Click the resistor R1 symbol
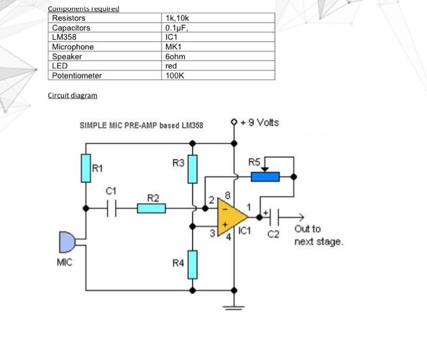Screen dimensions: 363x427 point(86,169)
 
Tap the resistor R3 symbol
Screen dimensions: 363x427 point(193,169)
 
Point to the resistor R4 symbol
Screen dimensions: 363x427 point(193,264)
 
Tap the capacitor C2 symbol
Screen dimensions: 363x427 point(276,216)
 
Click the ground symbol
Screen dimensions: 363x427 point(233,306)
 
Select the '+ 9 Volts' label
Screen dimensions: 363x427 point(260,122)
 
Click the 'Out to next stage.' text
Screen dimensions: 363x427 point(318,235)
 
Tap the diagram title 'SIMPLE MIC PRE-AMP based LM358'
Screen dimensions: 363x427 point(142,125)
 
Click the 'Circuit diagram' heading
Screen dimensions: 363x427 point(72,96)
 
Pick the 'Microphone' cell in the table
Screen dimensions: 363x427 point(73,47)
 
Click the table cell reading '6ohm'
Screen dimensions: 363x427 point(175,56)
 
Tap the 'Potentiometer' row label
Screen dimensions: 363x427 point(77,76)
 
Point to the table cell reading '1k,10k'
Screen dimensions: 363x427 point(178,18)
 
